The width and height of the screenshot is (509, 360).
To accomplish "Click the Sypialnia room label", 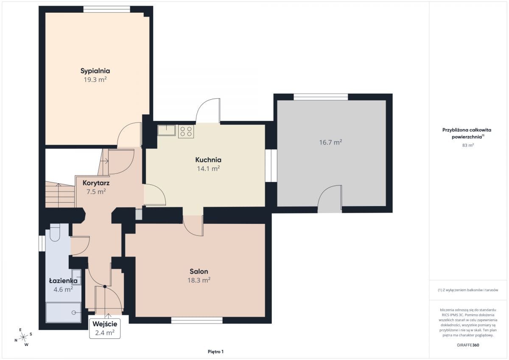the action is pyautogui.click(x=95, y=71).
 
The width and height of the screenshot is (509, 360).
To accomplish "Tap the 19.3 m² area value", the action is pyautogui.click(x=95, y=79).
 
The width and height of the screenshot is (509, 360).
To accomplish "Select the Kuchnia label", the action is pyautogui.click(x=208, y=160).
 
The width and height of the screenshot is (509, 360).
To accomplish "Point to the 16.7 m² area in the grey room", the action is pyautogui.click(x=330, y=142).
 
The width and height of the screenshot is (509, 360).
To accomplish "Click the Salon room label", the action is pyautogui.click(x=199, y=271).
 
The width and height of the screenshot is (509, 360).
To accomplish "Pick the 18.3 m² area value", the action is pyautogui.click(x=199, y=280).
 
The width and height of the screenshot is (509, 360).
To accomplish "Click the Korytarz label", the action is pyautogui.click(x=96, y=183).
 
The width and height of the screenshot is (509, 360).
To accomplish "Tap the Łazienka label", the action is pyautogui.click(x=63, y=281).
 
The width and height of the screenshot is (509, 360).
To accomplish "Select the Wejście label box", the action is pyautogui.click(x=105, y=329).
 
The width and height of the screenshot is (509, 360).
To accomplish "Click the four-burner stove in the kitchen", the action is pyautogui.click(x=186, y=131).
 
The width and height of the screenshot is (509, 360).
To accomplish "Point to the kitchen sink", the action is pyautogui.click(x=167, y=130).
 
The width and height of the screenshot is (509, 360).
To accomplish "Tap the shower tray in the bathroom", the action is pyautogui.click(x=63, y=313).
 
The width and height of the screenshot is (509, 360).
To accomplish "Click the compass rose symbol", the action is pyautogui.click(x=23, y=337).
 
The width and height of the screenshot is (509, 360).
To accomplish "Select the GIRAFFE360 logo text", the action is pyautogui.click(x=468, y=345).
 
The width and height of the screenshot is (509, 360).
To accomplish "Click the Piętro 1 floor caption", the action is pyautogui.click(x=215, y=352).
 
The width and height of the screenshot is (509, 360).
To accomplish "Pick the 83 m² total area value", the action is pyautogui.click(x=468, y=145).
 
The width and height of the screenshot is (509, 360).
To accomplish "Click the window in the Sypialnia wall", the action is pyautogui.click(x=107, y=9).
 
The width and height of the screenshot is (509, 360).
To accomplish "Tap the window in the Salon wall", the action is pyautogui.click(x=197, y=320).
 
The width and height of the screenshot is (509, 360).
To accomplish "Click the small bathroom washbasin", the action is pyautogui.click(x=76, y=277).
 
